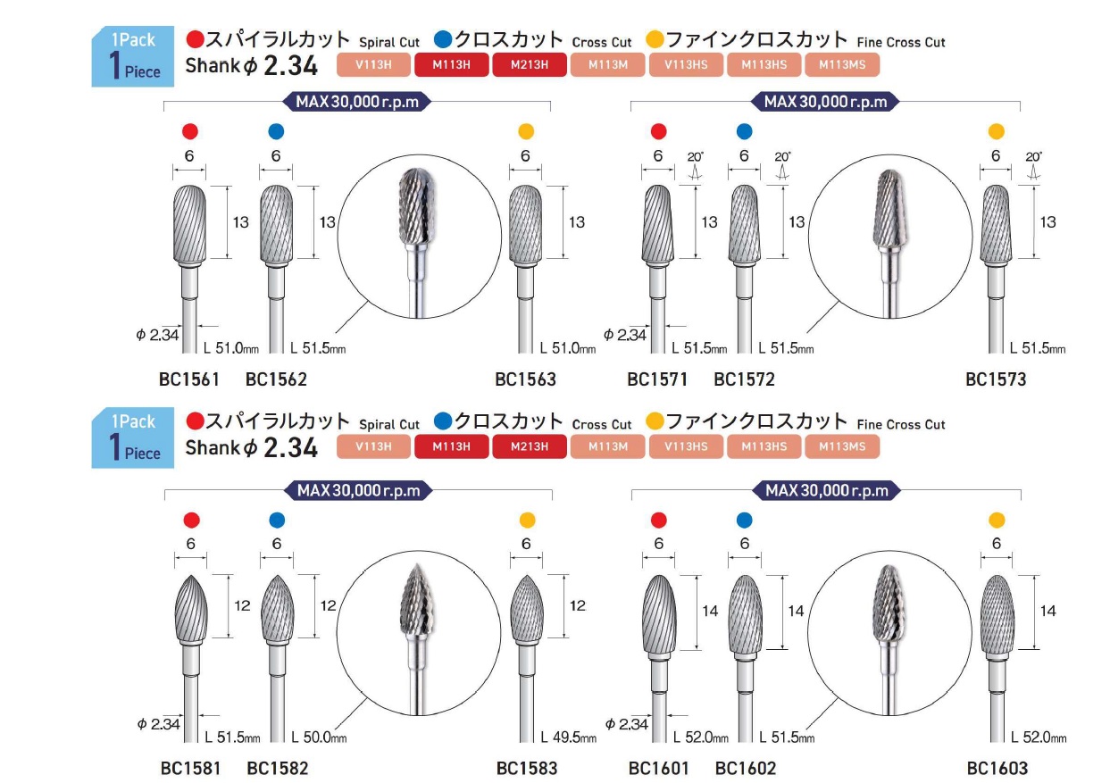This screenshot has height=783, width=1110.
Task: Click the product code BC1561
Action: tap(189, 379)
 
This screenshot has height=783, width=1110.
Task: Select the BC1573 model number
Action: tap(996, 379)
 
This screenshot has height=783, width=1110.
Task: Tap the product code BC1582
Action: tap(277, 768)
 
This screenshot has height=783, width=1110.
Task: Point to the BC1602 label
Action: tap(746, 768)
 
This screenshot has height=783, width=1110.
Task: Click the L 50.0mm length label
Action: tap(319, 737)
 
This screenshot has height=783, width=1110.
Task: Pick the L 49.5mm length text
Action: tap(568, 737)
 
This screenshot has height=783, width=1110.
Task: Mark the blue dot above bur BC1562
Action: tap(276, 131)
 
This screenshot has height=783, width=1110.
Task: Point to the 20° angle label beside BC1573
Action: tap(1034, 156)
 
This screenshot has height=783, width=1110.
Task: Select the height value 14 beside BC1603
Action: tap(1048, 611)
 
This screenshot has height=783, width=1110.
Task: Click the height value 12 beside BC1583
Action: tap(577, 605)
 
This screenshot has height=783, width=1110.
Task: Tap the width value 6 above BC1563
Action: tap(525, 155)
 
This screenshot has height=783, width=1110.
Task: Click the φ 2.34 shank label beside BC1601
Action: tap(628, 724)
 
